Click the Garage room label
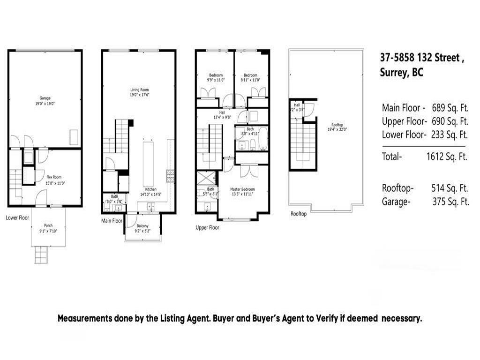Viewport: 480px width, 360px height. point(45,98)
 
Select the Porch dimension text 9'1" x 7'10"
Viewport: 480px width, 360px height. point(48,230)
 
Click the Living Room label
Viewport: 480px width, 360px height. point(139,90)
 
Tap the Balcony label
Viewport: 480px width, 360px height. point(142,225)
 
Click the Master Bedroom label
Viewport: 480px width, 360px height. point(242,189)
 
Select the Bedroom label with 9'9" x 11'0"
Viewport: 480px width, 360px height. point(216,75)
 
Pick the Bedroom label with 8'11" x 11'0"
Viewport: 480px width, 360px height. point(250,75)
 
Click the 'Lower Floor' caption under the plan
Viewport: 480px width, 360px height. point(17,218)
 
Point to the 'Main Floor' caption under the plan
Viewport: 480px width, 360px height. point(112,220)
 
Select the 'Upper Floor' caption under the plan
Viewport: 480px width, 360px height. point(207,227)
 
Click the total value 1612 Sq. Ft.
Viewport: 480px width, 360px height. point(447,157)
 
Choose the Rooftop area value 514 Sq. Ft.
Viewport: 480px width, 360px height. point(450,188)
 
